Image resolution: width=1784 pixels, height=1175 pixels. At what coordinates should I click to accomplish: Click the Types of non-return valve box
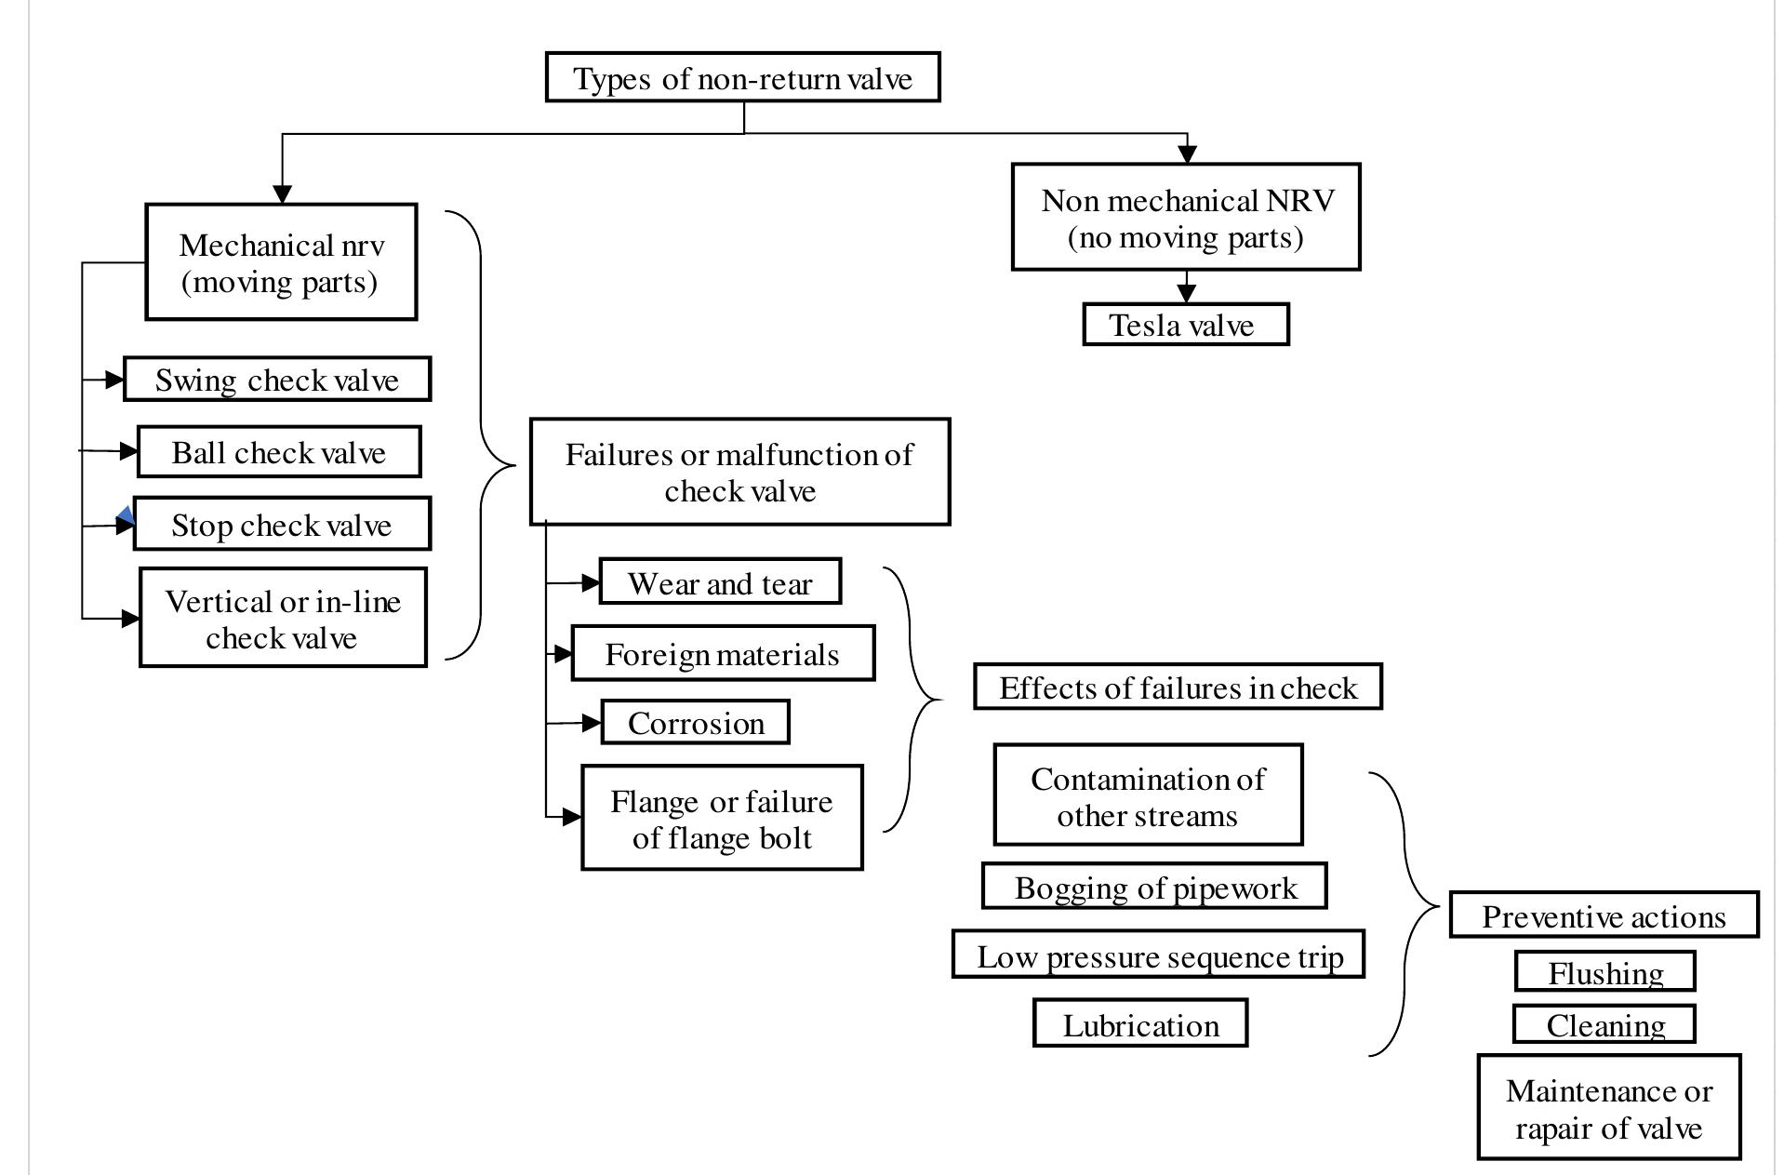[742, 77]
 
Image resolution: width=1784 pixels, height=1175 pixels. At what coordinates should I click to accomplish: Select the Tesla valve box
[1185, 325]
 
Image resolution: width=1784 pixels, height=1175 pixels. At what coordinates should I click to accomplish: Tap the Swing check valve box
[277, 380]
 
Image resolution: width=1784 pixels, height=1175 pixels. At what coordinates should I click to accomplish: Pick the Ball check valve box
[279, 452]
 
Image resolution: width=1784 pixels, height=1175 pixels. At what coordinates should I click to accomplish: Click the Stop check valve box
[282, 524]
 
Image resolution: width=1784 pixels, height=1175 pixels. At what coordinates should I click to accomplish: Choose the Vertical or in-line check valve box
[283, 618]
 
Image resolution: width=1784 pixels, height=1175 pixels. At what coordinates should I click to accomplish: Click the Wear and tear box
[720, 582]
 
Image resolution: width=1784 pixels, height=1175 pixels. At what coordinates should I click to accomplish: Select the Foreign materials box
[723, 653]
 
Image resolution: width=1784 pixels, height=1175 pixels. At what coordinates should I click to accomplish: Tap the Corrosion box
[696, 722]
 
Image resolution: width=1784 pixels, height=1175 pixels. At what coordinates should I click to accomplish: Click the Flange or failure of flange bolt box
[722, 818]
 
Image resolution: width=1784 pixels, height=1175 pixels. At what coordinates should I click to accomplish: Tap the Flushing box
[1604, 971]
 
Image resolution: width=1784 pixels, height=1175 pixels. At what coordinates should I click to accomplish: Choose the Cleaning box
[1604, 1023]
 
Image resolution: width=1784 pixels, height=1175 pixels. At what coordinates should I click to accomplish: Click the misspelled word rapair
[1548, 1128]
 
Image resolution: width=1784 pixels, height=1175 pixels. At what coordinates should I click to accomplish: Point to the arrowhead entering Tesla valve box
[1186, 293]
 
